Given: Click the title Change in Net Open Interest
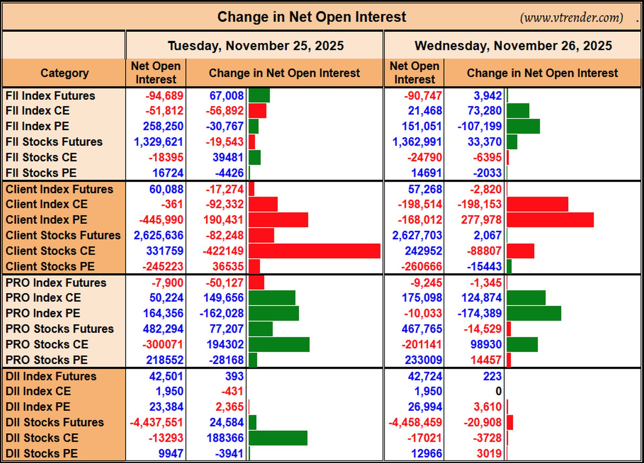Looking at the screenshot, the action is point(312,17).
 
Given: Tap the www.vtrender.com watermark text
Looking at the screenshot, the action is point(572,17).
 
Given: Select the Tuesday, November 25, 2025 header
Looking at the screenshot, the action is point(256,46).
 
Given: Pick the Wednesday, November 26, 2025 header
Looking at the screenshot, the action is point(513,46).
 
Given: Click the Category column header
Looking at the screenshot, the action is point(65,73).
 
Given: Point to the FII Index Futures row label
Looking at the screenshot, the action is point(50,96).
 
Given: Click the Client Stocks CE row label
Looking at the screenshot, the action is point(50,251).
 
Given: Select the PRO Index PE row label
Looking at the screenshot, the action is point(43,313).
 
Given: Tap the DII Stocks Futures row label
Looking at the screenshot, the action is point(55,422).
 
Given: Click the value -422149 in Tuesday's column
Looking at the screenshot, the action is point(223,251).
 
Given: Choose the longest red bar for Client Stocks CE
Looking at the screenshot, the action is point(315,251).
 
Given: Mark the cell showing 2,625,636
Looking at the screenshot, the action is point(158,235).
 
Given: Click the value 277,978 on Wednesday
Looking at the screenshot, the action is point(481,220).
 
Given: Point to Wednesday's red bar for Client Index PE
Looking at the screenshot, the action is point(550,220).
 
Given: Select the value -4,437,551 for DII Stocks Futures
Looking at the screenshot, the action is point(156,422).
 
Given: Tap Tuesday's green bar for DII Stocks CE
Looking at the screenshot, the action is point(278,438).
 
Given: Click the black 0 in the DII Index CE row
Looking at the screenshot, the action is point(498,391).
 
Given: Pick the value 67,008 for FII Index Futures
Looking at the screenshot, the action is point(226,96).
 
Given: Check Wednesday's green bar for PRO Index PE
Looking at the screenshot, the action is point(534,313).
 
